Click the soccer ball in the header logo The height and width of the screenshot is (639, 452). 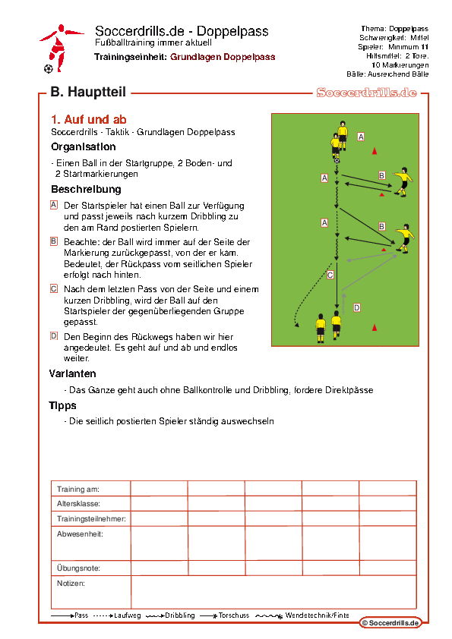[x=48, y=69]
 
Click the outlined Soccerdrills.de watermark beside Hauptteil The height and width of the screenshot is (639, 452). [x=366, y=93]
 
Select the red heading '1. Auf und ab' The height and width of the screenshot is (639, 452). [x=89, y=119]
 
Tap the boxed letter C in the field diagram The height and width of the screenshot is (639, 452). [x=330, y=275]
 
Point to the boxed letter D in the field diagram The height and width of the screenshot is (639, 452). [x=356, y=307]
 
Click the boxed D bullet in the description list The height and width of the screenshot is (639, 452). [x=54, y=336]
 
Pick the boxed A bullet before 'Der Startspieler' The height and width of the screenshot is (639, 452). [x=54, y=205]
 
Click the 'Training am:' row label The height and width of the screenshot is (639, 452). [x=78, y=489]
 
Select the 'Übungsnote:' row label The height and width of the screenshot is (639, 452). [x=78, y=568]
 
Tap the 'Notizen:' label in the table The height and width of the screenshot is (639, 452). [x=71, y=583]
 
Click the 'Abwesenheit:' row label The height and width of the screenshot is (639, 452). [x=80, y=534]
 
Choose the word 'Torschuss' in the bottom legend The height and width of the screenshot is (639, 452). [x=234, y=615]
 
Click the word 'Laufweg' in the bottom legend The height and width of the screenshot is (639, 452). [x=128, y=615]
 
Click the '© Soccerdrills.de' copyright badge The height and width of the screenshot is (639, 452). [x=390, y=623]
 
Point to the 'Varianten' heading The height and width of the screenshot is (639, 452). [x=73, y=373]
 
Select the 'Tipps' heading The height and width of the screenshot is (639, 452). [x=62, y=405]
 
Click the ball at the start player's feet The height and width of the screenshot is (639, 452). [x=337, y=161]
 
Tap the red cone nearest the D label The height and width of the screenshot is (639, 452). [x=375, y=327]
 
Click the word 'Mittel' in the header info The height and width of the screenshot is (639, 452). [x=419, y=37]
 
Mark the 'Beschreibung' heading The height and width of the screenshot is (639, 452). [x=86, y=189]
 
